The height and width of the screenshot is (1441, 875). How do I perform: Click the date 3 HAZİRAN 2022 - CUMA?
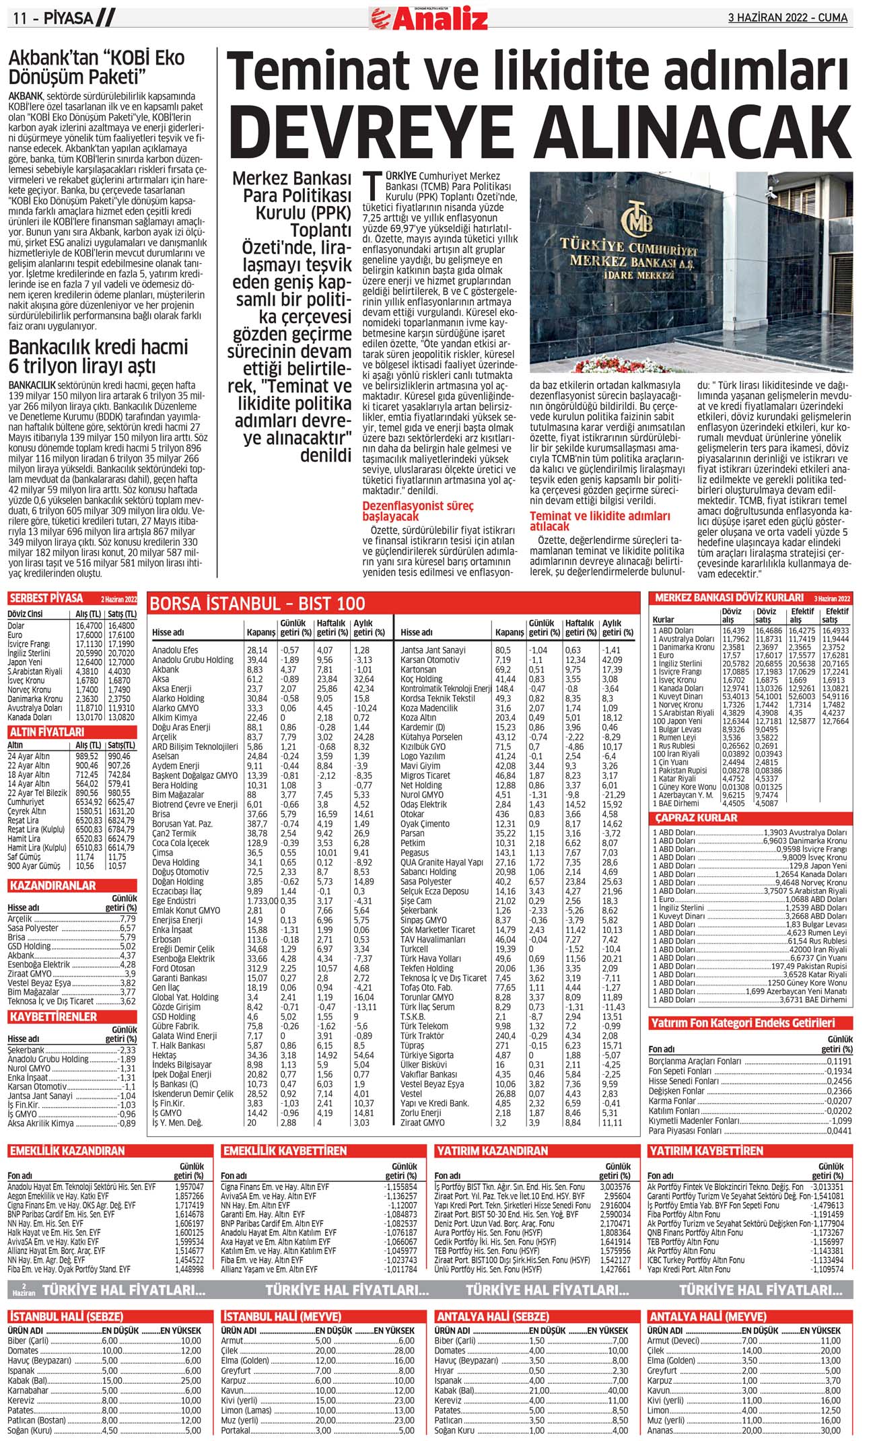tap(788, 18)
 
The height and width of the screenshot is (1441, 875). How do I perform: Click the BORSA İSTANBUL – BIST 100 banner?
tap(258, 603)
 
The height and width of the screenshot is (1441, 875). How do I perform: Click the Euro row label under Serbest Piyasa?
tap(15, 635)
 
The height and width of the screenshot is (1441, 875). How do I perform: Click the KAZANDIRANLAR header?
tap(53, 886)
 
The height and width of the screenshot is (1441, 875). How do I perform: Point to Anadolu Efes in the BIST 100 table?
tap(175, 650)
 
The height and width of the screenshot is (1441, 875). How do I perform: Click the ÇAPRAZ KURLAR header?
tap(697, 818)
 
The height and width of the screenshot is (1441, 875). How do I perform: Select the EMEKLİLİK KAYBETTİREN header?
tap(285, 1151)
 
